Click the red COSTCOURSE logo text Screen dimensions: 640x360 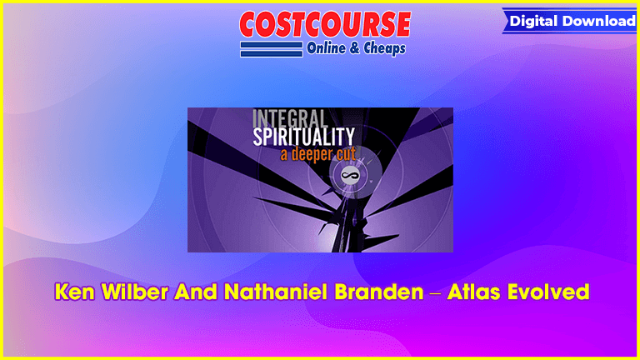325,24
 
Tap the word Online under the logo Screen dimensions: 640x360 326,48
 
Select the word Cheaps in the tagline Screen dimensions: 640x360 384,48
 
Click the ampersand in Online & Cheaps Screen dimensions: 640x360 354,48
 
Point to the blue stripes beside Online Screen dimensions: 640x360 272,49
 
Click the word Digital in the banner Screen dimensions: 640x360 534,21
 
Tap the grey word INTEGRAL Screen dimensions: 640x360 290,118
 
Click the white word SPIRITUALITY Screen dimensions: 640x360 303,137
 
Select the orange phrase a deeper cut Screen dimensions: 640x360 318,154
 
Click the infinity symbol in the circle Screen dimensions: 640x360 350,176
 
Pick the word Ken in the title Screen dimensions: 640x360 75,292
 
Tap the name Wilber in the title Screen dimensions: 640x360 135,292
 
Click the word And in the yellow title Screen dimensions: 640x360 196,292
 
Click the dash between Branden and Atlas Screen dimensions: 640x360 436,293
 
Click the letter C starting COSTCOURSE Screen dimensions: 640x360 251,24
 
